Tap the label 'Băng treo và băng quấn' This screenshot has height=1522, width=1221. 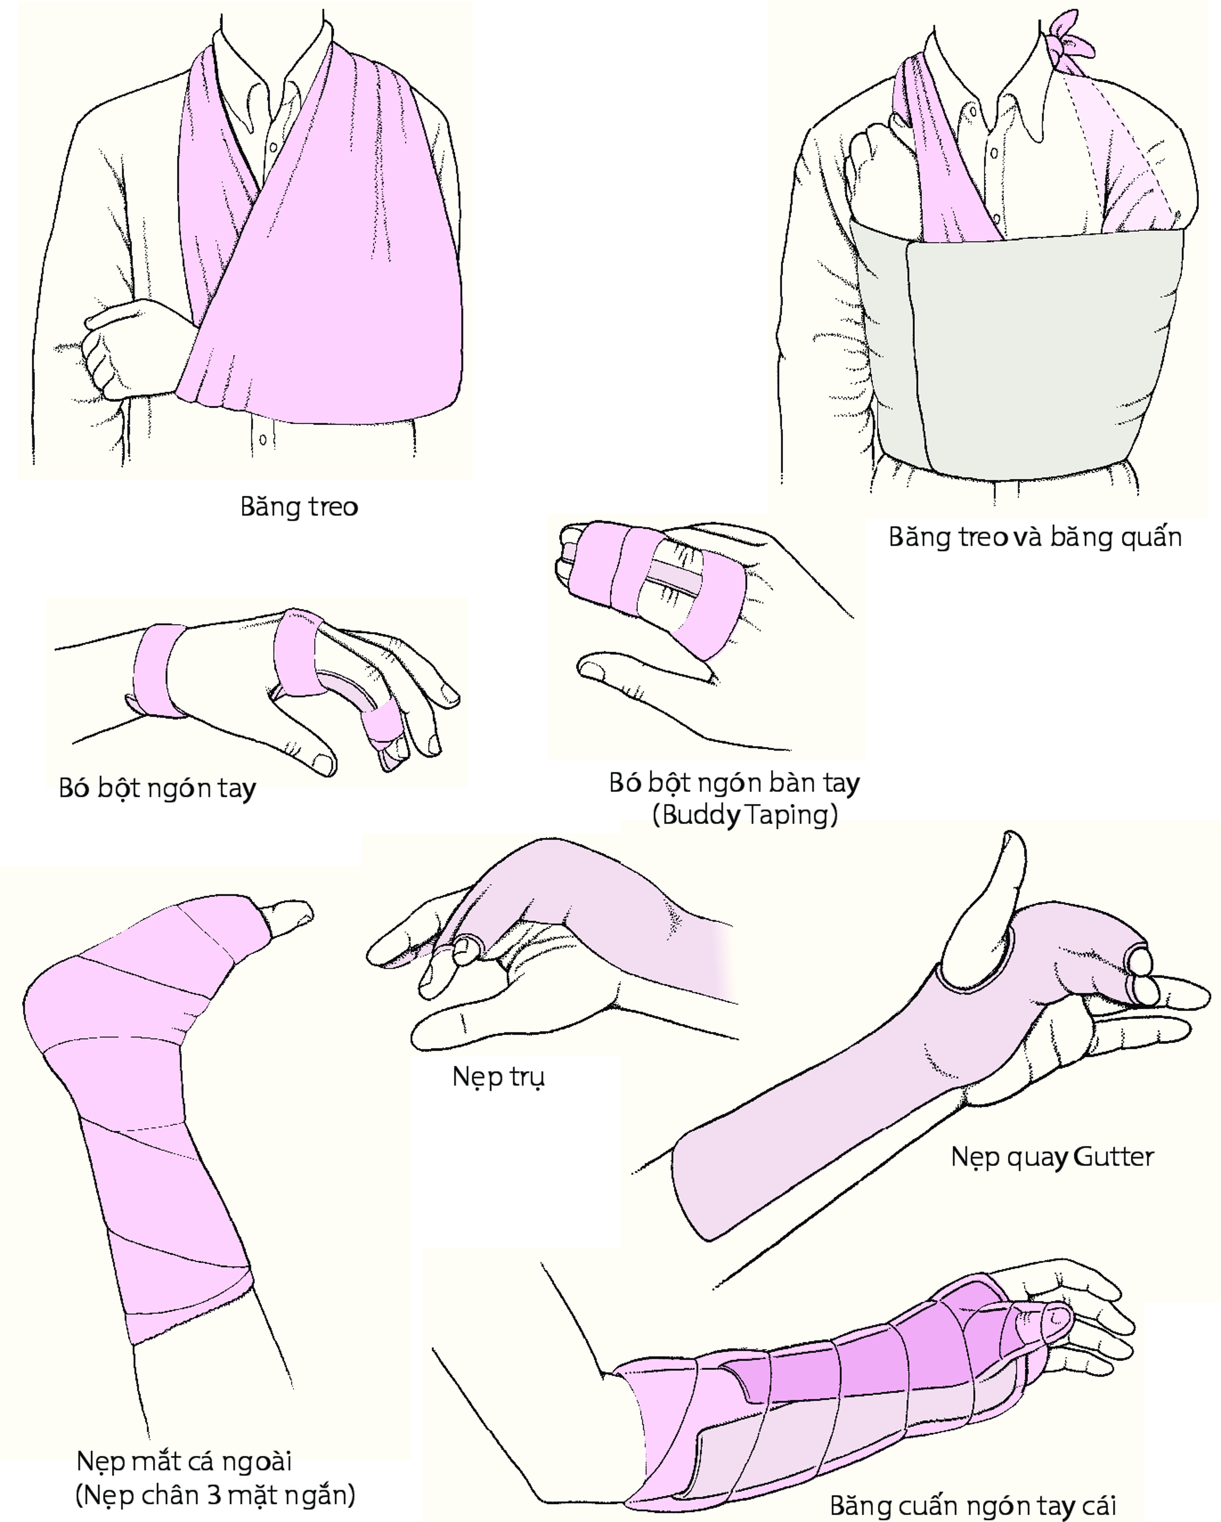tap(1035, 537)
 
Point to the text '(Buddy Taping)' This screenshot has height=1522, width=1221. tap(745, 815)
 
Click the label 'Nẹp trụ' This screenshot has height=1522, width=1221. tap(498, 1076)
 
